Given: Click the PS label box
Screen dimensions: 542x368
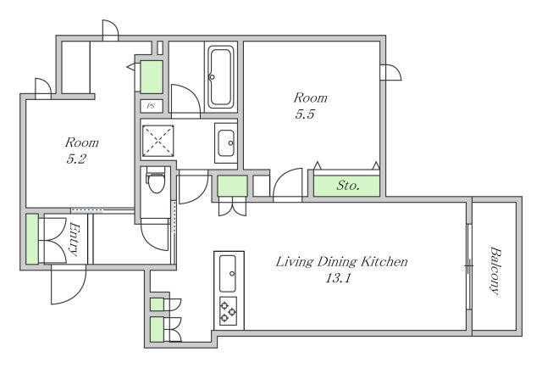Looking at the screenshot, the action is (x=152, y=106).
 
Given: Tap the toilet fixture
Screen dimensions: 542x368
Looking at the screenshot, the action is (x=156, y=180).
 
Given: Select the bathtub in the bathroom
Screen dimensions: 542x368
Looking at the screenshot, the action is (x=220, y=77).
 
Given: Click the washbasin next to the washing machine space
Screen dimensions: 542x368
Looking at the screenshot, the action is (x=226, y=143).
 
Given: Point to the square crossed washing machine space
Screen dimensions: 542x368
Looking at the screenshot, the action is (x=158, y=141).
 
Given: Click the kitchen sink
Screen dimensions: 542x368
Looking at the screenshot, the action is (x=228, y=274).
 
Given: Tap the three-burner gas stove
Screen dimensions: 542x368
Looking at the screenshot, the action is (x=228, y=310).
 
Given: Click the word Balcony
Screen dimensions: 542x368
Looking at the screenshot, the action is (x=495, y=271).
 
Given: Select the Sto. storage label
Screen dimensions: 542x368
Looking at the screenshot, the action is (x=348, y=186).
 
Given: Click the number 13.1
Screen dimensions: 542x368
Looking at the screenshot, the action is (x=338, y=278).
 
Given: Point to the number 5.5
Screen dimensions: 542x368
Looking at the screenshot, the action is (x=305, y=114).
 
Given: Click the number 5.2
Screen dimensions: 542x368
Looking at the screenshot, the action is (x=76, y=159).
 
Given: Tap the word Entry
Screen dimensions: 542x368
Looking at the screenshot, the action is (x=75, y=239).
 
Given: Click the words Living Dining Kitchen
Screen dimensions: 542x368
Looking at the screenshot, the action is (x=341, y=261).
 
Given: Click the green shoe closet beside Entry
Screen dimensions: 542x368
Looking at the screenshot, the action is (x=32, y=239).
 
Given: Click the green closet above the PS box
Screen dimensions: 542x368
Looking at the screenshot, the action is (x=152, y=77).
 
